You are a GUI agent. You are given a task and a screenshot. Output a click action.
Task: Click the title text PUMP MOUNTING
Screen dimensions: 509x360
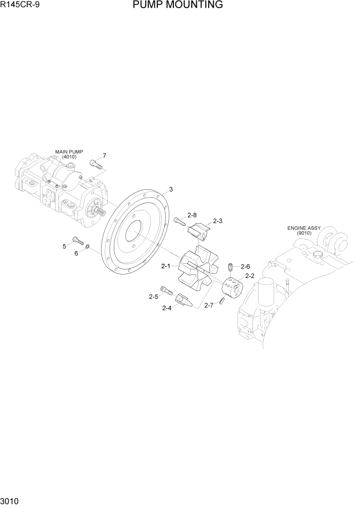pos(177,5)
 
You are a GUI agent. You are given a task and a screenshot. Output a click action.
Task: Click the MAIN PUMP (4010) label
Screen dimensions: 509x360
pos(69,154)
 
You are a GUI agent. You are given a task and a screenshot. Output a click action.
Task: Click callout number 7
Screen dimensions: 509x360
pos(104,155)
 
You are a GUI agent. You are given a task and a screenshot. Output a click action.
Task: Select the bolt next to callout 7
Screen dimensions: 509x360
pos(96,164)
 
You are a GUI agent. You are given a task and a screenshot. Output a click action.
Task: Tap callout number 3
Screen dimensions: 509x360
pos(171,189)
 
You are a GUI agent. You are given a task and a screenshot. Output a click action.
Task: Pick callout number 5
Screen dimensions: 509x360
pos(65,247)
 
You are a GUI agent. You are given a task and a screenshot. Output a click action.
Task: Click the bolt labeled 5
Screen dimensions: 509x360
pos(78,240)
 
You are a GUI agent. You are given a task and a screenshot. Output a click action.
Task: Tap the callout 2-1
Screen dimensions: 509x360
pos(165,266)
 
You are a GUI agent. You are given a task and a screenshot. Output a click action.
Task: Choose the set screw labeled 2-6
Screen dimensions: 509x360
pos(230,268)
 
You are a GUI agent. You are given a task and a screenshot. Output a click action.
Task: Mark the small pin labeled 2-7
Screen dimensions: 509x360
pos(221,300)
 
